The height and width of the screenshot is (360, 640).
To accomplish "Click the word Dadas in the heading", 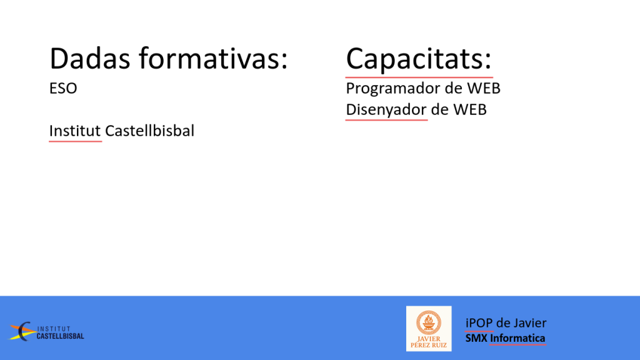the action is (90, 58).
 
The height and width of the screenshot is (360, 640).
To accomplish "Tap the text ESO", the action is (63, 88).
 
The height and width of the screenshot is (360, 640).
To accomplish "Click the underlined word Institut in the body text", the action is (75, 131).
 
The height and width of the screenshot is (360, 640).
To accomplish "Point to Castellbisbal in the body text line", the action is (149, 131).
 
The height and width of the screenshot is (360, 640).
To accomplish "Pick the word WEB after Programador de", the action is (484, 88).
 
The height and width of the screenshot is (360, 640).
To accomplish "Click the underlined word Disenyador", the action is (386, 110).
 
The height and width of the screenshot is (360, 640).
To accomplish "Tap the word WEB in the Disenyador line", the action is (470, 109).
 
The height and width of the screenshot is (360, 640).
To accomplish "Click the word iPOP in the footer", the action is (479, 323).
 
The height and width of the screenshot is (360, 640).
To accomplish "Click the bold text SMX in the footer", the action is (476, 338).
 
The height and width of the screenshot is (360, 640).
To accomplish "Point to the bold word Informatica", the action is (517, 338).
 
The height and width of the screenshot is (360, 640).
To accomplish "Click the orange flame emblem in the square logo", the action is (429, 322).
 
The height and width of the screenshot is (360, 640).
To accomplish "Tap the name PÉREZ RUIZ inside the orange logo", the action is (429, 345).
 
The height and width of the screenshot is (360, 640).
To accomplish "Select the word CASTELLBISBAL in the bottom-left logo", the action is (61, 336).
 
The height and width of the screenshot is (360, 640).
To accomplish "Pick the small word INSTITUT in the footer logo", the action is (54, 329).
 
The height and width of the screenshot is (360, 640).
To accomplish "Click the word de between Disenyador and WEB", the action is (439, 109).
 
